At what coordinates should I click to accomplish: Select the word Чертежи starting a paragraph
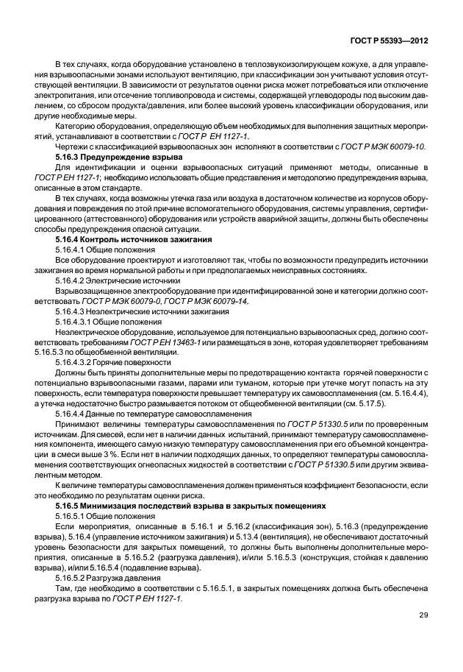[x=72, y=147]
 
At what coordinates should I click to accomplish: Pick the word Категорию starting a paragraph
[x=76, y=127]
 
